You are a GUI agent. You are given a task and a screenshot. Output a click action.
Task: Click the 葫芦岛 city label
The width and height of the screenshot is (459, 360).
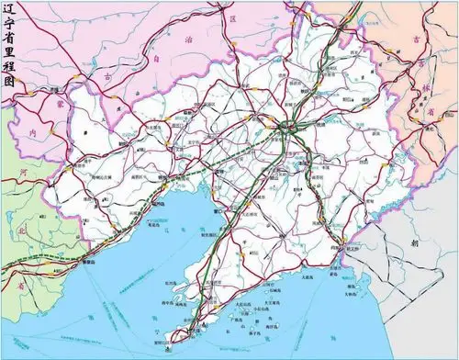click(162, 204)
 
